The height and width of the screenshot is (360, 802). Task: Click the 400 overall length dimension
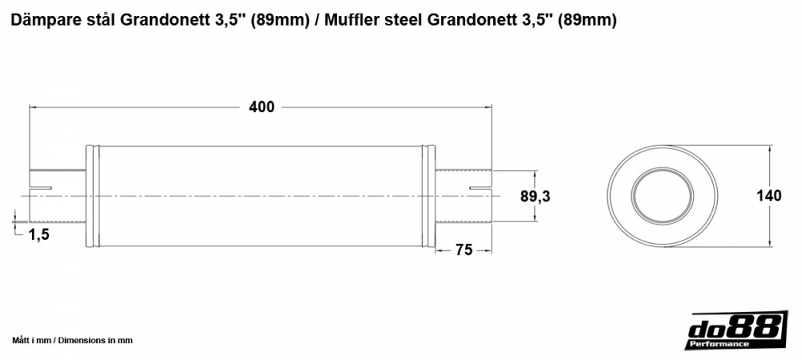point(261,107)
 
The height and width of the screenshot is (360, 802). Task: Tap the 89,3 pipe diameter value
point(536,196)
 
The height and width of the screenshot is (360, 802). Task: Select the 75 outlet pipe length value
point(464,249)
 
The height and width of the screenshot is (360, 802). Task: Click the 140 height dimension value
point(769,196)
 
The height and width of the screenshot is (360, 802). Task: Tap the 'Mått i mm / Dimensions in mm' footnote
point(72,340)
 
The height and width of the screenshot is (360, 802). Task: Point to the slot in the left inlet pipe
point(40,189)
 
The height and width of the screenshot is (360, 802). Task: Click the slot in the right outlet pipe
point(480,189)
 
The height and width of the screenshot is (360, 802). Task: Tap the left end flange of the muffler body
point(92,196)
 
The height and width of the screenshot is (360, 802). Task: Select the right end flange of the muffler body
point(428,196)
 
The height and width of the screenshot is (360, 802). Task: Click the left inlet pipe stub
point(57,196)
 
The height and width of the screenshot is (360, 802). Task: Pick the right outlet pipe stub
point(464,196)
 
